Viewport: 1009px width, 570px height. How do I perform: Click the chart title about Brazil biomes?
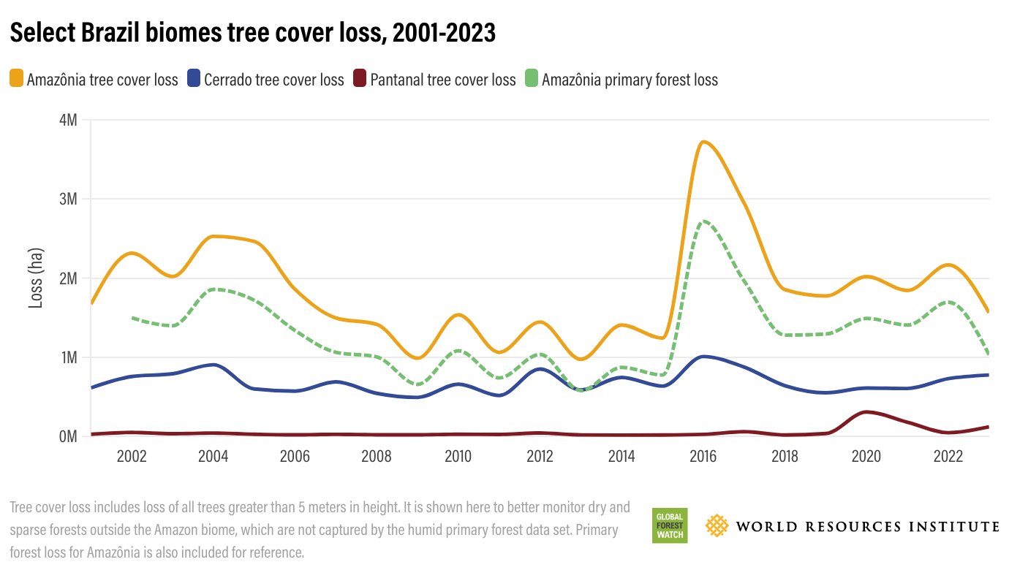point(253,33)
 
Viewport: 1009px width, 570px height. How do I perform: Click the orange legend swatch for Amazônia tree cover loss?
point(17,79)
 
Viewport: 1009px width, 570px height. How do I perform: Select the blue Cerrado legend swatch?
point(194,79)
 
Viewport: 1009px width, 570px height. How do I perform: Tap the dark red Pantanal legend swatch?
point(360,79)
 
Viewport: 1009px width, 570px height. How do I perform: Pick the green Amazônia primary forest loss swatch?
point(532,79)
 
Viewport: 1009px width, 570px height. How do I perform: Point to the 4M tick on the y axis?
point(67,120)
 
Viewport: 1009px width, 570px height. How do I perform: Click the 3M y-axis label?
point(67,199)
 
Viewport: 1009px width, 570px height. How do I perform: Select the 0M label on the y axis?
point(67,436)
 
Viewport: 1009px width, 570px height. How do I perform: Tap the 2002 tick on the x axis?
point(132,457)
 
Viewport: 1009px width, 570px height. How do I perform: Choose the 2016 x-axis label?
point(703,457)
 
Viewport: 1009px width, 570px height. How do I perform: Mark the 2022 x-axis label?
point(948,457)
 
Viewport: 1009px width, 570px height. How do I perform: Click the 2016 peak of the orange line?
point(703,142)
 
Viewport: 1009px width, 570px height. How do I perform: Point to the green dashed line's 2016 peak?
point(703,221)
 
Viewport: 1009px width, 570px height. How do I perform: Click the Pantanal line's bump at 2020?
point(867,412)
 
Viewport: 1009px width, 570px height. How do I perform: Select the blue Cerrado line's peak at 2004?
point(213,365)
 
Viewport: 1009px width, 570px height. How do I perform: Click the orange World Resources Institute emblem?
point(717,525)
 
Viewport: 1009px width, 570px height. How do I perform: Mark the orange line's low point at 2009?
point(417,358)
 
